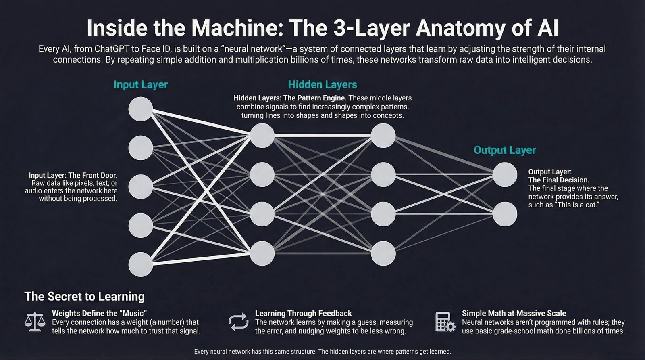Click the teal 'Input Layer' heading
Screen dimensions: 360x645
click(x=140, y=85)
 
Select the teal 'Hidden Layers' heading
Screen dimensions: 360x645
click(x=322, y=85)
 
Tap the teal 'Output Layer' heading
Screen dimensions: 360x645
click(x=505, y=150)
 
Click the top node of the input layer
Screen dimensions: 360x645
click(x=141, y=109)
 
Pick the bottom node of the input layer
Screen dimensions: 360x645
click(x=141, y=264)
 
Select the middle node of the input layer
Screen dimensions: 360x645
click(x=141, y=186)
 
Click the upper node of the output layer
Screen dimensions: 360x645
click(x=505, y=175)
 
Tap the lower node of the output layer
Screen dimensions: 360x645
click(x=505, y=214)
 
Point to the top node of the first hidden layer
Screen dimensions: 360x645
click(x=262, y=136)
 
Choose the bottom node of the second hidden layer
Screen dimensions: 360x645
click(x=383, y=253)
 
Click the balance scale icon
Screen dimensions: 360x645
click(x=35, y=322)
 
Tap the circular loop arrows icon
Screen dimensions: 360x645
click(x=238, y=322)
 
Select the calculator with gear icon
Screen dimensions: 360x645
click(x=445, y=322)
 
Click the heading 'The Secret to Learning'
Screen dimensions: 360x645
click(x=85, y=297)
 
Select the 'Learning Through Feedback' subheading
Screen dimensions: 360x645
click(x=303, y=313)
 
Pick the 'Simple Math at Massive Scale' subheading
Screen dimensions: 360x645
click(x=514, y=313)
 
